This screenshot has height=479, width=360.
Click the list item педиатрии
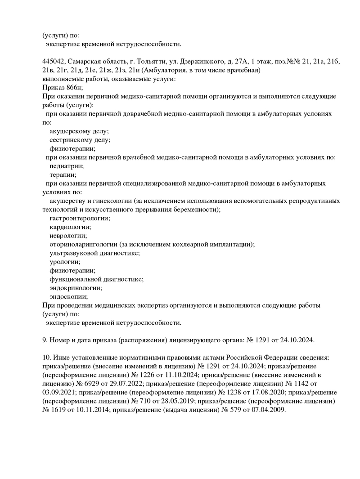[x=67, y=166]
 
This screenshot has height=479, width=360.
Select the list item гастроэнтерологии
[x=80, y=218]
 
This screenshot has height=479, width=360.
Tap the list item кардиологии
[x=70, y=227]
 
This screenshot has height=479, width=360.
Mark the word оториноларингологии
[x=84, y=245]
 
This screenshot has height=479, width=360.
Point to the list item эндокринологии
[x=76, y=288]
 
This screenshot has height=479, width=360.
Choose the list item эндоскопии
[x=68, y=297]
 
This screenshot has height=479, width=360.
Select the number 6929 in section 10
[x=97, y=384]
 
